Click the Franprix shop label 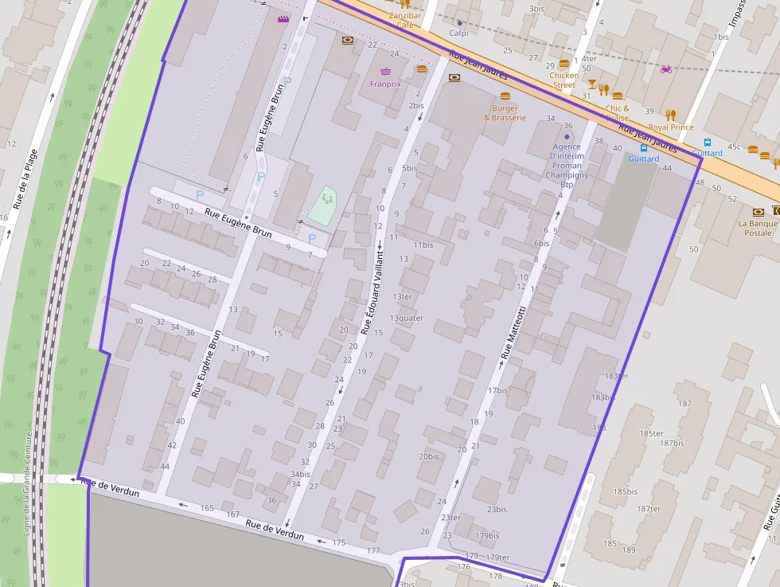tap(385, 84)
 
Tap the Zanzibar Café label tap(404, 20)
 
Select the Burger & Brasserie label tap(505, 113)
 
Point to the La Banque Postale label tap(757, 228)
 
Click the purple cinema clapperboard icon tap(283, 19)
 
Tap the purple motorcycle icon tap(665, 69)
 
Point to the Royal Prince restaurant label tap(670, 127)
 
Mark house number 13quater tap(406, 319)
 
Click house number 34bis tap(300, 474)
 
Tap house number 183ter tap(616, 376)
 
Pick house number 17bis tap(497, 391)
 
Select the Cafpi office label tap(458, 33)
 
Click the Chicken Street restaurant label tap(564, 80)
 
